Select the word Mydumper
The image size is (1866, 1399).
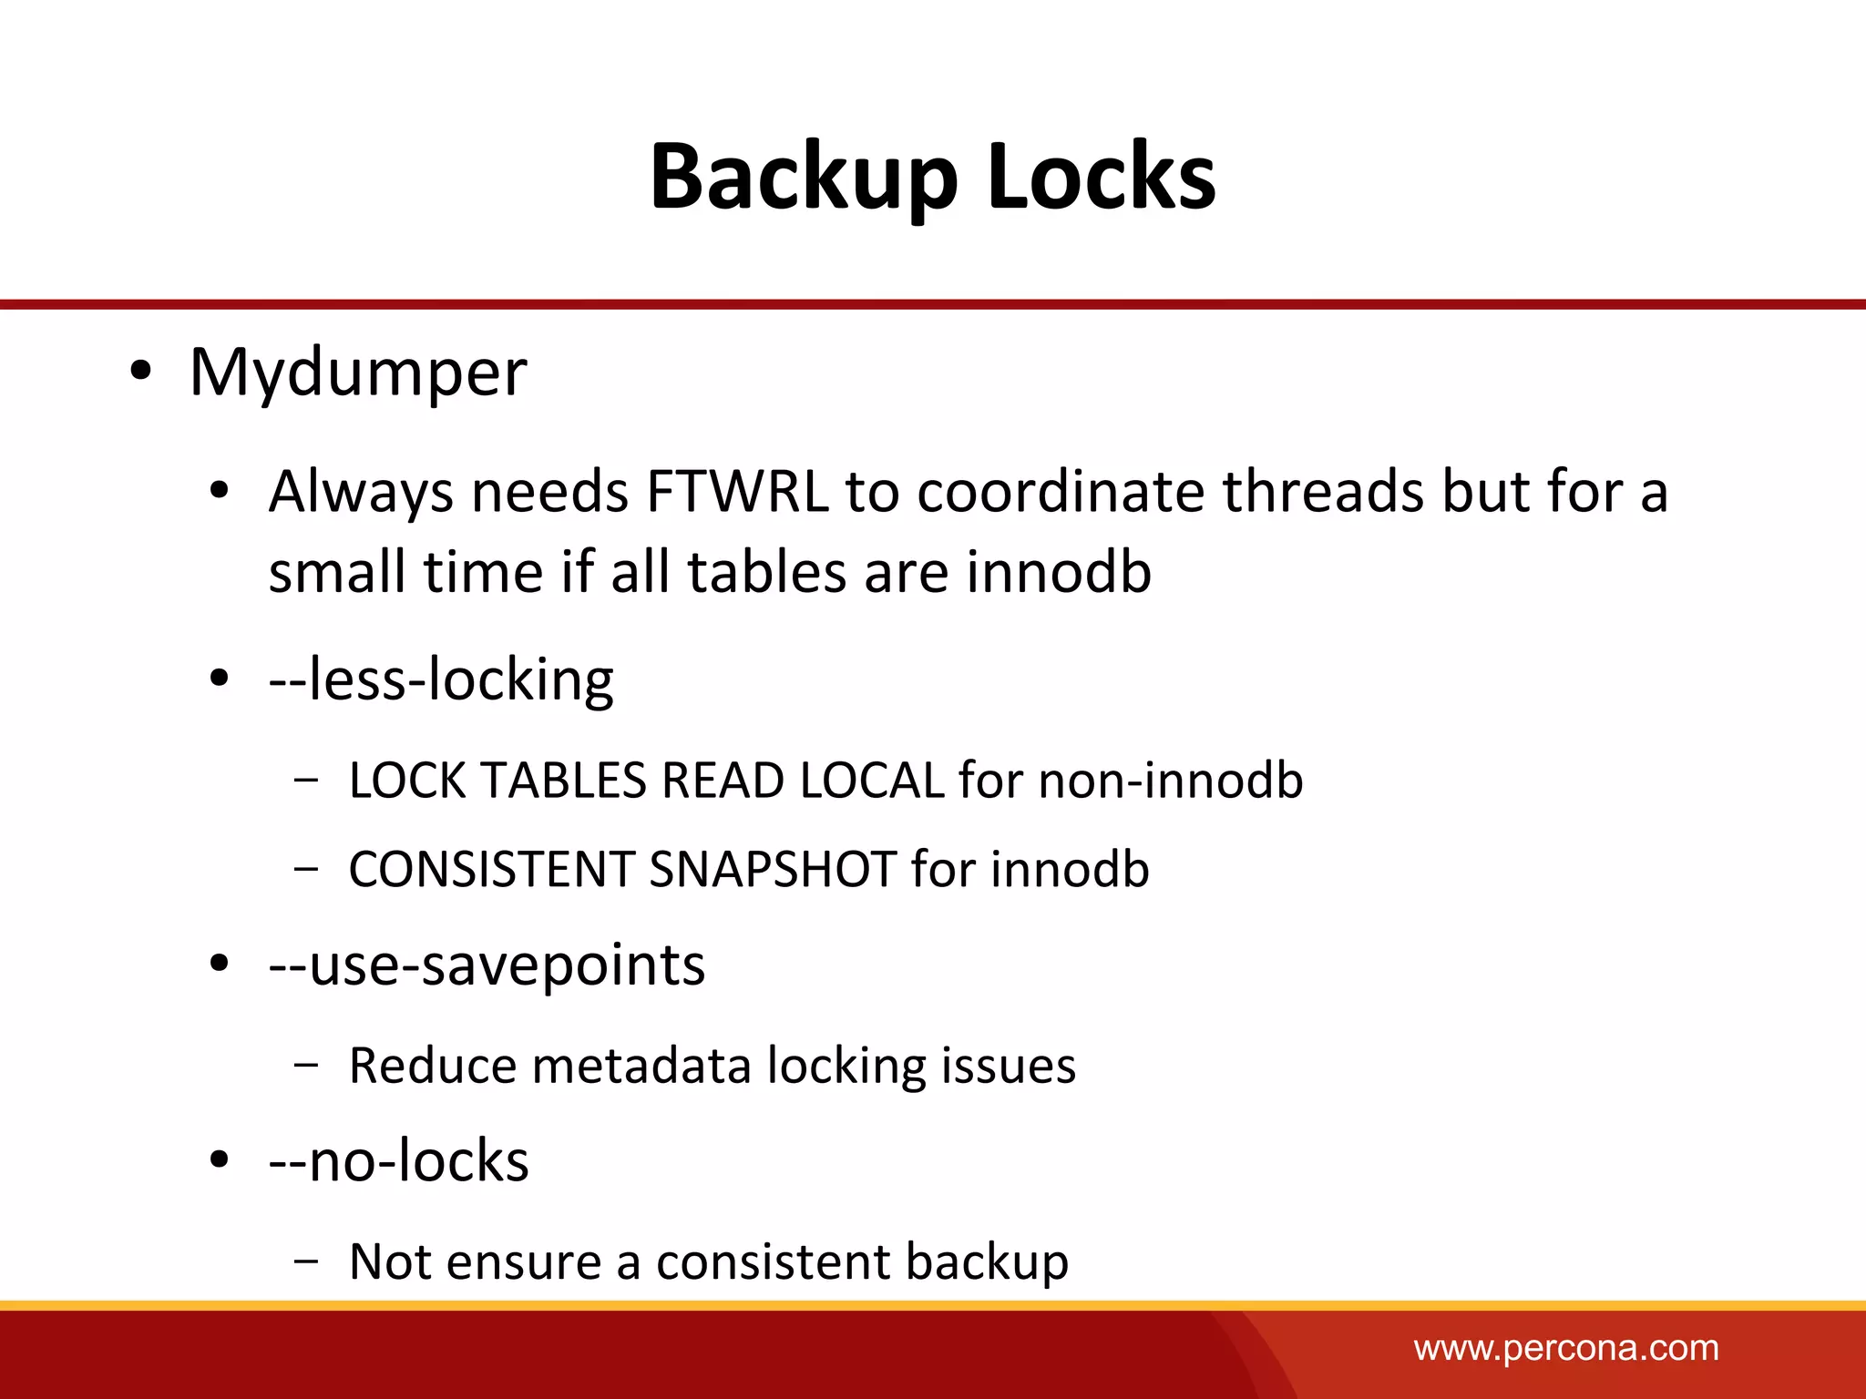pos(357,373)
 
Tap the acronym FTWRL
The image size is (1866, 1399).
pos(737,492)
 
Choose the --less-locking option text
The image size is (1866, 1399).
pos(441,679)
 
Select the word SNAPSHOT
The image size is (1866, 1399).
pos(773,869)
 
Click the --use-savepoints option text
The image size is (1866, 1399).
pos(487,965)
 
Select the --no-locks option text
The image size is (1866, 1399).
pos(398,1161)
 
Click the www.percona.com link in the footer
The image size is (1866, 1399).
pos(1566,1348)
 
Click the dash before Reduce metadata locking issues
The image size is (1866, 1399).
pos(307,1064)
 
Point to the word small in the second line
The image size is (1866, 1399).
pos(337,572)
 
